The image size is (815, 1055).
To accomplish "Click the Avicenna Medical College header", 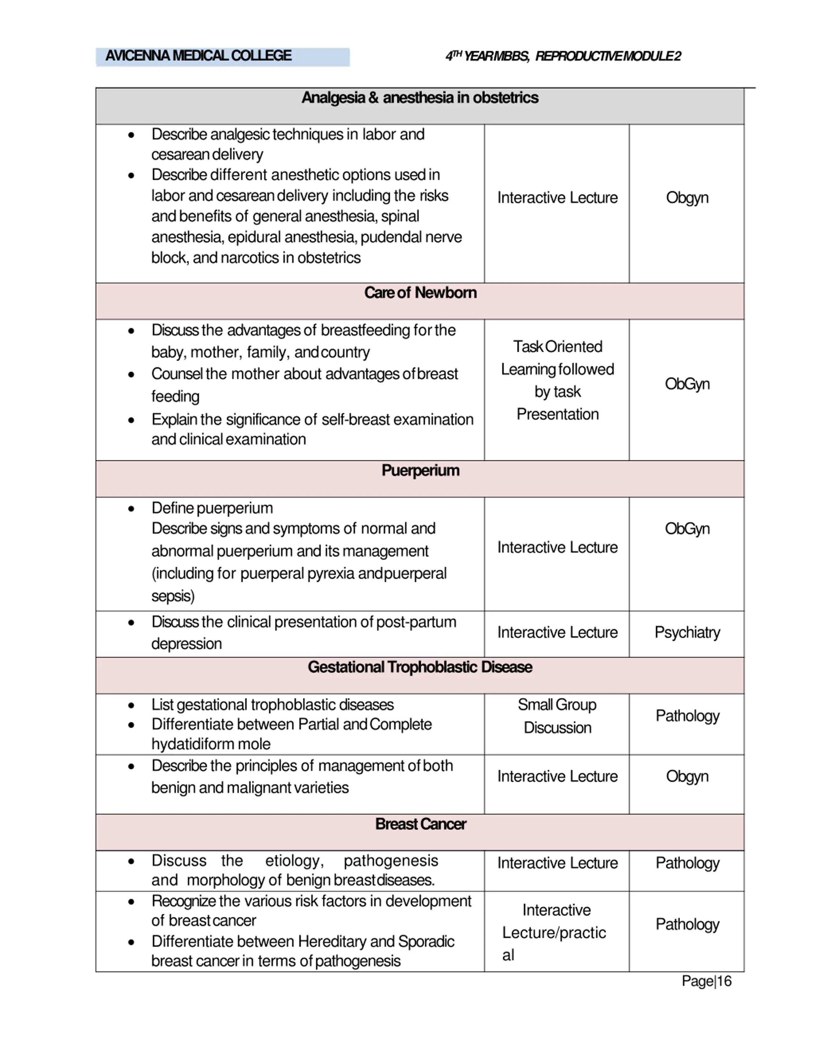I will click(x=198, y=56).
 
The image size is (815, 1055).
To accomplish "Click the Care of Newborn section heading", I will click(x=420, y=293).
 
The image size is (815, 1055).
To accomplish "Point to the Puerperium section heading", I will click(x=420, y=471).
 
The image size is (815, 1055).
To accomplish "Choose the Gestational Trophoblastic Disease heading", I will click(x=420, y=667).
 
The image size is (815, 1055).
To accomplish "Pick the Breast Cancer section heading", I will click(x=420, y=824).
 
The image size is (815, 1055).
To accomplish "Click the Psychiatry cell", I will click(x=687, y=632).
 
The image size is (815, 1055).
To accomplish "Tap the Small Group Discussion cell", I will click(x=557, y=716).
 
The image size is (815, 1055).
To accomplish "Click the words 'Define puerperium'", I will click(x=212, y=508).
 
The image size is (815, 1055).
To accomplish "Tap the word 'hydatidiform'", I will click(x=193, y=744).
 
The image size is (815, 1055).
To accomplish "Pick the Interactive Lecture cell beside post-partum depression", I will click(x=557, y=632).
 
